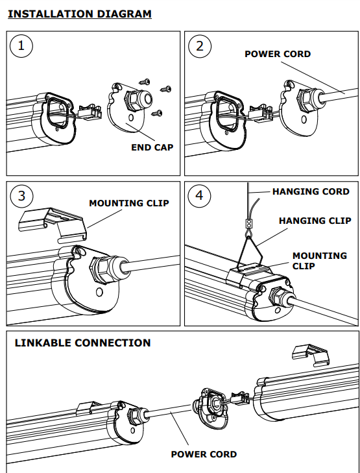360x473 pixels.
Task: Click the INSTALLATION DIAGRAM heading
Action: click(x=80, y=14)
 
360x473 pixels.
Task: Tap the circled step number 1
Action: click(x=21, y=46)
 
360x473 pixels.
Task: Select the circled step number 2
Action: click(x=200, y=46)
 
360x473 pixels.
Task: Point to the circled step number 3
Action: click(x=21, y=196)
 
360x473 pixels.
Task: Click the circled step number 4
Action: click(x=199, y=195)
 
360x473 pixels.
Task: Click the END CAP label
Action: click(x=152, y=147)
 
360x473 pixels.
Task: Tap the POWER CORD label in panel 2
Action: click(x=278, y=54)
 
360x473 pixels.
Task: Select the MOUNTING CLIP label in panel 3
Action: click(x=129, y=203)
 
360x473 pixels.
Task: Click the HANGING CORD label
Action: click(x=311, y=191)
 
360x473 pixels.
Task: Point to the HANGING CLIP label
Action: click(x=315, y=221)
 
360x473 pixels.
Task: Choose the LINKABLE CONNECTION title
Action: click(x=82, y=343)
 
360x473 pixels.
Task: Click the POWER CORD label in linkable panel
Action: click(x=204, y=454)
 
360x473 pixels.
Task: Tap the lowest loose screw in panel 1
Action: click(x=157, y=113)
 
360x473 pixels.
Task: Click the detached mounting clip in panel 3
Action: click(x=53, y=224)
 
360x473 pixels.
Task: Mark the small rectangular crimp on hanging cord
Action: click(x=248, y=224)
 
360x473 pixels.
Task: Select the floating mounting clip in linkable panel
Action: click(x=311, y=356)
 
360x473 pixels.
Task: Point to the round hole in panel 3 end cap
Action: click(x=99, y=292)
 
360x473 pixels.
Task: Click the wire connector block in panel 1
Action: click(x=90, y=113)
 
